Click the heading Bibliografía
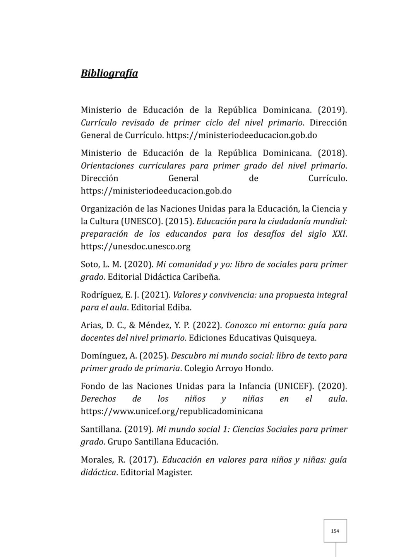109,73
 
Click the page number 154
335,531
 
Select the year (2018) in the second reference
332,153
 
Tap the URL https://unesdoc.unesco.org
135,246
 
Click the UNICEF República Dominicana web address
171,411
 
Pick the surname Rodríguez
100,295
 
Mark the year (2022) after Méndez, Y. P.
207,325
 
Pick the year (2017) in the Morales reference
144,460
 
